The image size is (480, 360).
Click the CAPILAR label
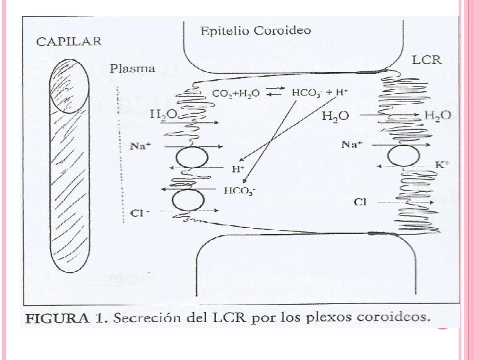[x=69, y=41]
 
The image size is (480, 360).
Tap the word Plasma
[x=133, y=68]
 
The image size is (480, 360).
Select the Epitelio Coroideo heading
[x=256, y=31]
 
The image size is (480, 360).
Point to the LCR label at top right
[x=426, y=59]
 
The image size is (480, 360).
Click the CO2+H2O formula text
[x=235, y=93]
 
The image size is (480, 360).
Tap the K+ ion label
[x=442, y=164]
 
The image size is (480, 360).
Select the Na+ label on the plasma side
[x=139, y=146]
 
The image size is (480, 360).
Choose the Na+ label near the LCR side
[x=352, y=144]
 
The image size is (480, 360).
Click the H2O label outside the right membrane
[x=437, y=115]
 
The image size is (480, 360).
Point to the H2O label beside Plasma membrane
[x=163, y=115]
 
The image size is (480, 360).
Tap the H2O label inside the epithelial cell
[x=335, y=117]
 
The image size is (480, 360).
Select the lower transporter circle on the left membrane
[x=189, y=200]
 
